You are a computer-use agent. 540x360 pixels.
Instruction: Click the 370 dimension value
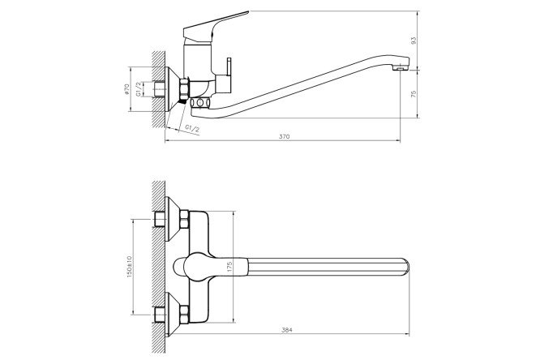coord(284,136)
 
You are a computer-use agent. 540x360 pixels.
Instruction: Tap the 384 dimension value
coord(286,330)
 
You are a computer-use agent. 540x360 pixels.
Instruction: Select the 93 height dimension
coord(414,41)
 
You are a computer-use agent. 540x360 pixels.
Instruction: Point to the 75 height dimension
coord(414,94)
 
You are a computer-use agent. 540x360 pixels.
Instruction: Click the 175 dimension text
coord(229,267)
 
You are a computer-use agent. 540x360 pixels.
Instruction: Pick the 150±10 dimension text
coord(130,267)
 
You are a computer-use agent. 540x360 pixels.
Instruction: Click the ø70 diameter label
coord(126,89)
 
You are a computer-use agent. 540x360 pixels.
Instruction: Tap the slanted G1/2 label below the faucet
coord(192,129)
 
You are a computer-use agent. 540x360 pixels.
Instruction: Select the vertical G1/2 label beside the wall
coord(138,89)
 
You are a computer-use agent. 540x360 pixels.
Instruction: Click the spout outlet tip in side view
coord(401,69)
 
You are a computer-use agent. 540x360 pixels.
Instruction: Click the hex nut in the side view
coord(184,89)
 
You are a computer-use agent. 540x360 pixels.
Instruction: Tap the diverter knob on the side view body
coord(229,69)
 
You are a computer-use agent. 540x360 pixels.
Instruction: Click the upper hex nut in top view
coord(184,220)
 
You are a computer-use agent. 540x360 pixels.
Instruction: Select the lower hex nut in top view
coord(184,314)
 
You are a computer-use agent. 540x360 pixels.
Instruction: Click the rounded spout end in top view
coord(406,267)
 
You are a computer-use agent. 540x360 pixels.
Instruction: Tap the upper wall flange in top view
coord(173,219)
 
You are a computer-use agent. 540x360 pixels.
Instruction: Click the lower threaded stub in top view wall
coord(160,314)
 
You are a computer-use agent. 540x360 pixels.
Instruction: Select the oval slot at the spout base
coord(200,103)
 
